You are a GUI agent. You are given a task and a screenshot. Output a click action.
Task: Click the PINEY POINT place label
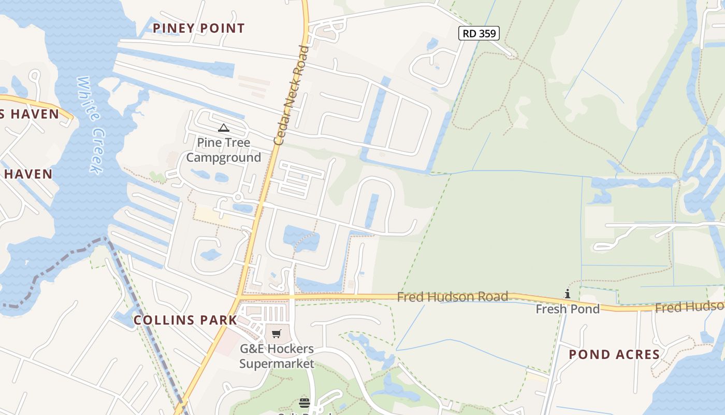point(199,28)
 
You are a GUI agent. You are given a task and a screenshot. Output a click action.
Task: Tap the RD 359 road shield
point(479,34)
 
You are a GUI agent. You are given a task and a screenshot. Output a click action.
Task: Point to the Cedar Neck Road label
point(291,94)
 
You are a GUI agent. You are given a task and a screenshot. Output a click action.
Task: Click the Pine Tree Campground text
point(224,150)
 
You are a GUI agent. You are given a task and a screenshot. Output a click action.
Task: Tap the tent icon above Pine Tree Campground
point(224,128)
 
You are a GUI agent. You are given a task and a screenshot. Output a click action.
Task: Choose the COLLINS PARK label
point(185,320)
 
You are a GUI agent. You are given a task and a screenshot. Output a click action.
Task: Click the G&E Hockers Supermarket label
point(277,356)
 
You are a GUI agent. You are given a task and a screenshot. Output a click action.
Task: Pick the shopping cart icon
point(277,334)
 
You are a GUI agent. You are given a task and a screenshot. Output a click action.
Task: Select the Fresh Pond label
point(568,309)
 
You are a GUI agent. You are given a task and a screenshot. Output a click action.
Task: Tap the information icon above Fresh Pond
point(568,294)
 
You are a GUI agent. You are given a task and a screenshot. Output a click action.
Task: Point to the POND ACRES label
point(614,355)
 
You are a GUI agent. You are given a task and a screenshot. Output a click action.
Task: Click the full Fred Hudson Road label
point(452,297)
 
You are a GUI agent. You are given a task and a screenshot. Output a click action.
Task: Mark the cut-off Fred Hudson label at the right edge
point(690,307)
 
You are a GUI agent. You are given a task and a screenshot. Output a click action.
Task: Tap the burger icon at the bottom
point(304,403)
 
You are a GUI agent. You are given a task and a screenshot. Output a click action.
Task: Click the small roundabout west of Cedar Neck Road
point(238,197)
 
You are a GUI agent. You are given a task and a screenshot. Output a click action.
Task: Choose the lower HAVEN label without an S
point(28,174)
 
